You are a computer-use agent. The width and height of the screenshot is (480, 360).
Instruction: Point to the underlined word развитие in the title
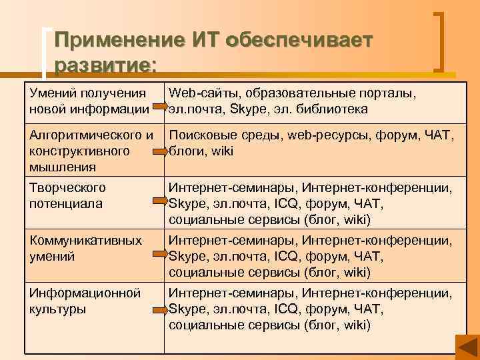(105, 65)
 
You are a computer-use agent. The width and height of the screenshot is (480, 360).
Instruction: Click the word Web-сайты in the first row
(197, 93)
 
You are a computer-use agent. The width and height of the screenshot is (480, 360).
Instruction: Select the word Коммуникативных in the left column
(85, 241)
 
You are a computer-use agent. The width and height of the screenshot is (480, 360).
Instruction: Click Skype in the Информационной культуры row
(188, 309)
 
